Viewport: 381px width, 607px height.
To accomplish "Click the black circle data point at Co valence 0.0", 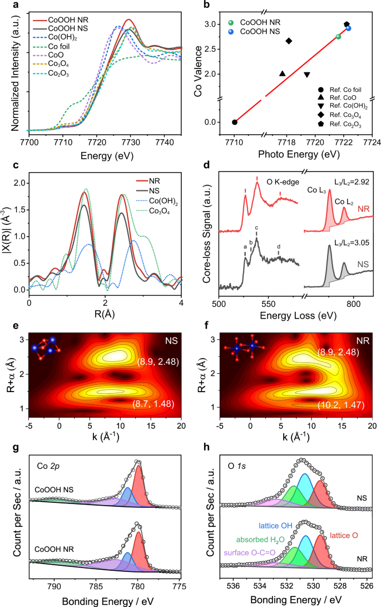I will click(x=235, y=122).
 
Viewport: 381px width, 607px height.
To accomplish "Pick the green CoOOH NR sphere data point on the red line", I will click(x=339, y=37).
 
